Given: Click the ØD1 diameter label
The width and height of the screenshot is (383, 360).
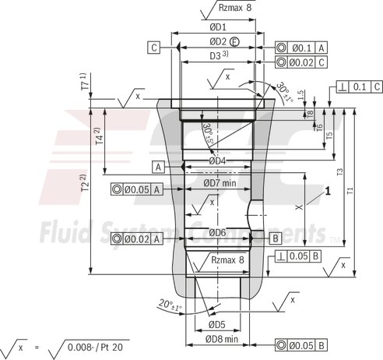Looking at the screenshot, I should tap(216, 27).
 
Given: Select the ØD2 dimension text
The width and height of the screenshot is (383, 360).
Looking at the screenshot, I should tap(217, 41).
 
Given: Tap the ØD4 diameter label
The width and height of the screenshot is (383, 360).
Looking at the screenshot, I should tap(217, 161).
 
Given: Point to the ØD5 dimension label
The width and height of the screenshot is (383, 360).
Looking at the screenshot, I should tap(216, 324).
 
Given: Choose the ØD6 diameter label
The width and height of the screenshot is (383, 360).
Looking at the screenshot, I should tap(217, 232).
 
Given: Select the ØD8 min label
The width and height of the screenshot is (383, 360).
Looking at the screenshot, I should tap(223, 341).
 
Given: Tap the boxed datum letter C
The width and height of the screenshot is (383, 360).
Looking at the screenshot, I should tap(155, 48).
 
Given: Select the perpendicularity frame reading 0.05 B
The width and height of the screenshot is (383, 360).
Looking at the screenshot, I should tap(300, 256).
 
